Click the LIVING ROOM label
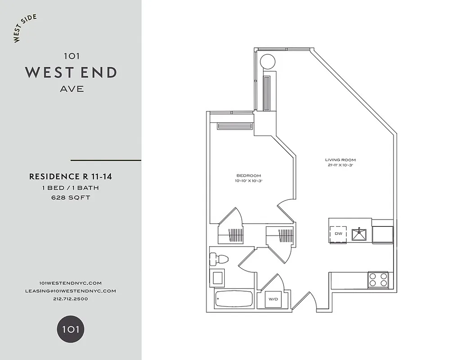pyautogui.click(x=340, y=160)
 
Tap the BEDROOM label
pyautogui.click(x=249, y=175)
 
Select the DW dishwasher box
pyautogui.click(x=338, y=234)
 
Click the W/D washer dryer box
pyautogui.click(x=273, y=299)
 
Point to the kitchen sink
pyautogui.click(x=359, y=234)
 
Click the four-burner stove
pyautogui.click(x=378, y=280)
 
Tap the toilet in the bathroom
pyautogui.click(x=219, y=259)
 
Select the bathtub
pyautogui.click(x=234, y=298)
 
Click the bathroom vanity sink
pyautogui.click(x=218, y=277)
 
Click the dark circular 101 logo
pyautogui.click(x=71, y=329)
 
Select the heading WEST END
pyautogui.click(x=71, y=72)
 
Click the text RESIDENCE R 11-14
pyautogui.click(x=71, y=177)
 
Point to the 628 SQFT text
pyautogui.click(x=71, y=198)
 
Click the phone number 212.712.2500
pyautogui.click(x=71, y=299)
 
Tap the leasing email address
pyautogui.click(x=71, y=291)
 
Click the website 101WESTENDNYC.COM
pyautogui.click(x=71, y=283)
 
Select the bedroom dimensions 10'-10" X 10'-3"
pyautogui.click(x=249, y=181)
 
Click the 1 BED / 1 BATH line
pyautogui.click(x=71, y=188)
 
